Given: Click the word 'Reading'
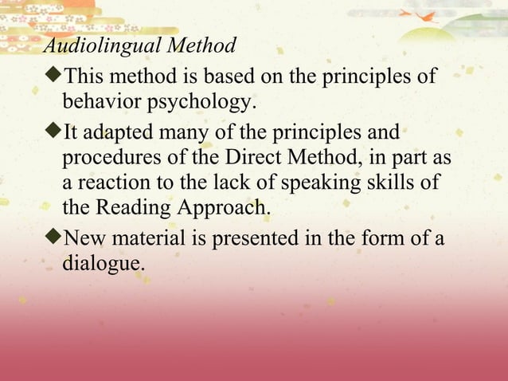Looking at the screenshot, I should click(131, 209).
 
